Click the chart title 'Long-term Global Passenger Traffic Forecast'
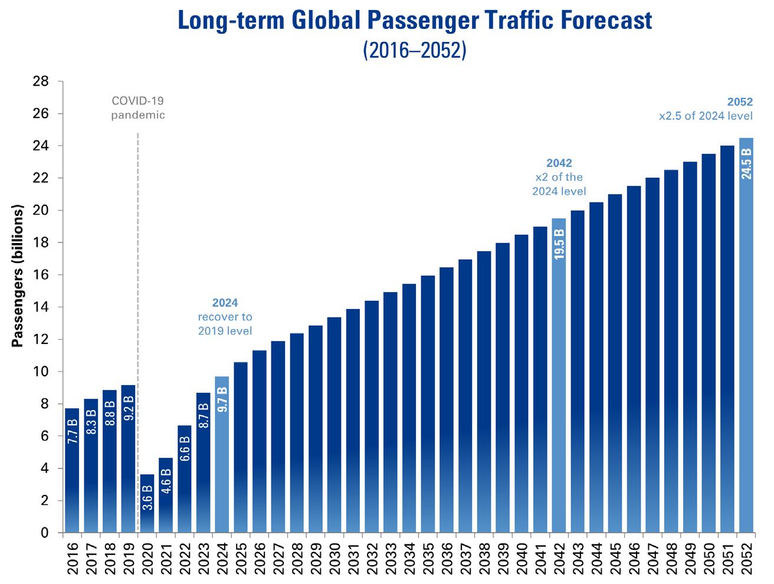point(415,21)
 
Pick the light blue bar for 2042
point(558,378)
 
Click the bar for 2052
point(746,336)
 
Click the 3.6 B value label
point(147,497)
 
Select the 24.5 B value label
point(746,164)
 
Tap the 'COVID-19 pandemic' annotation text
point(138,108)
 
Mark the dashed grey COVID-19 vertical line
point(137,295)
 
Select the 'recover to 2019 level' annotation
point(225,324)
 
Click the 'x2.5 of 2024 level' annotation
point(706,116)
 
